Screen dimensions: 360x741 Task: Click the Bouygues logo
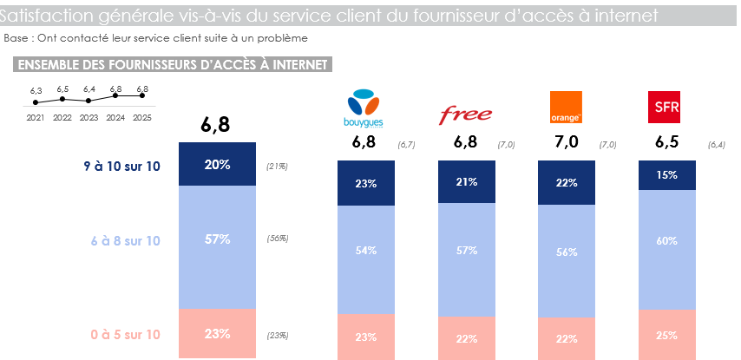364,108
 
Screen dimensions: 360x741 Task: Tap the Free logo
466,114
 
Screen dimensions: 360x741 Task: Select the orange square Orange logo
566,107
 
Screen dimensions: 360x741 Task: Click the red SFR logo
666,107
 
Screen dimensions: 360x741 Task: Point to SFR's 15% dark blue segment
666,174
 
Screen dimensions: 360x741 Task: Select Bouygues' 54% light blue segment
365,251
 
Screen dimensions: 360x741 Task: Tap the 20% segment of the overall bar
217,165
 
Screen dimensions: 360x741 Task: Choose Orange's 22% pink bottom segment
566,337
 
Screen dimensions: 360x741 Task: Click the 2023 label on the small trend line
89,117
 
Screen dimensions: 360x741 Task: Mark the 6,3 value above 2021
36,90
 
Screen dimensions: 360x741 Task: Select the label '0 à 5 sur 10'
125,334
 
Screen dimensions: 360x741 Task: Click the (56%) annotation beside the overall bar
278,239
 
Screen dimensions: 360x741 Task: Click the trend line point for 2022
62,99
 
